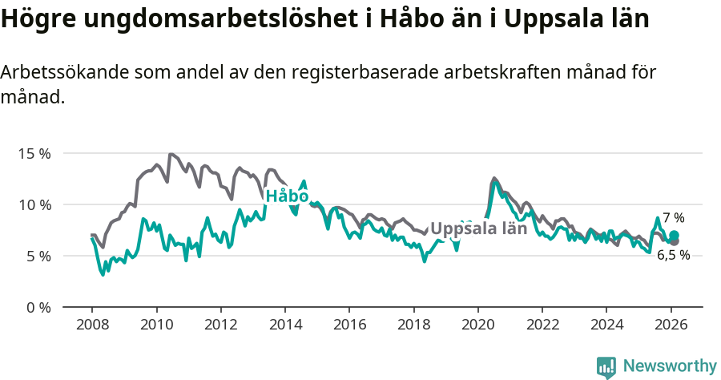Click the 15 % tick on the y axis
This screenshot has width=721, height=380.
[x=34, y=153]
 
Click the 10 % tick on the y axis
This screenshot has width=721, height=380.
[x=34, y=204]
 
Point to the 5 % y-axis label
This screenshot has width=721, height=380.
[x=37, y=256]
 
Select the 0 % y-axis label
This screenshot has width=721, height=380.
[x=37, y=307]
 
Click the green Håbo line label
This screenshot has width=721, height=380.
[x=287, y=196]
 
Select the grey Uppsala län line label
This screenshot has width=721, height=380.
[x=479, y=228]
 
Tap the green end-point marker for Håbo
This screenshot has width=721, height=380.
[x=674, y=236]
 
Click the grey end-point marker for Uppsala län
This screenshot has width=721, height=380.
[x=674, y=241]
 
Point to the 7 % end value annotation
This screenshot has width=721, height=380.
[x=674, y=217]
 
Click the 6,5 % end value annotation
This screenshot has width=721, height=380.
[x=674, y=255]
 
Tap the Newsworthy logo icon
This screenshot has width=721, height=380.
[x=606, y=366]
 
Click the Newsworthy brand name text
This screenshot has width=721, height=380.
[x=669, y=366]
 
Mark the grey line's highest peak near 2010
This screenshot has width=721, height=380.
[x=171, y=154]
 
